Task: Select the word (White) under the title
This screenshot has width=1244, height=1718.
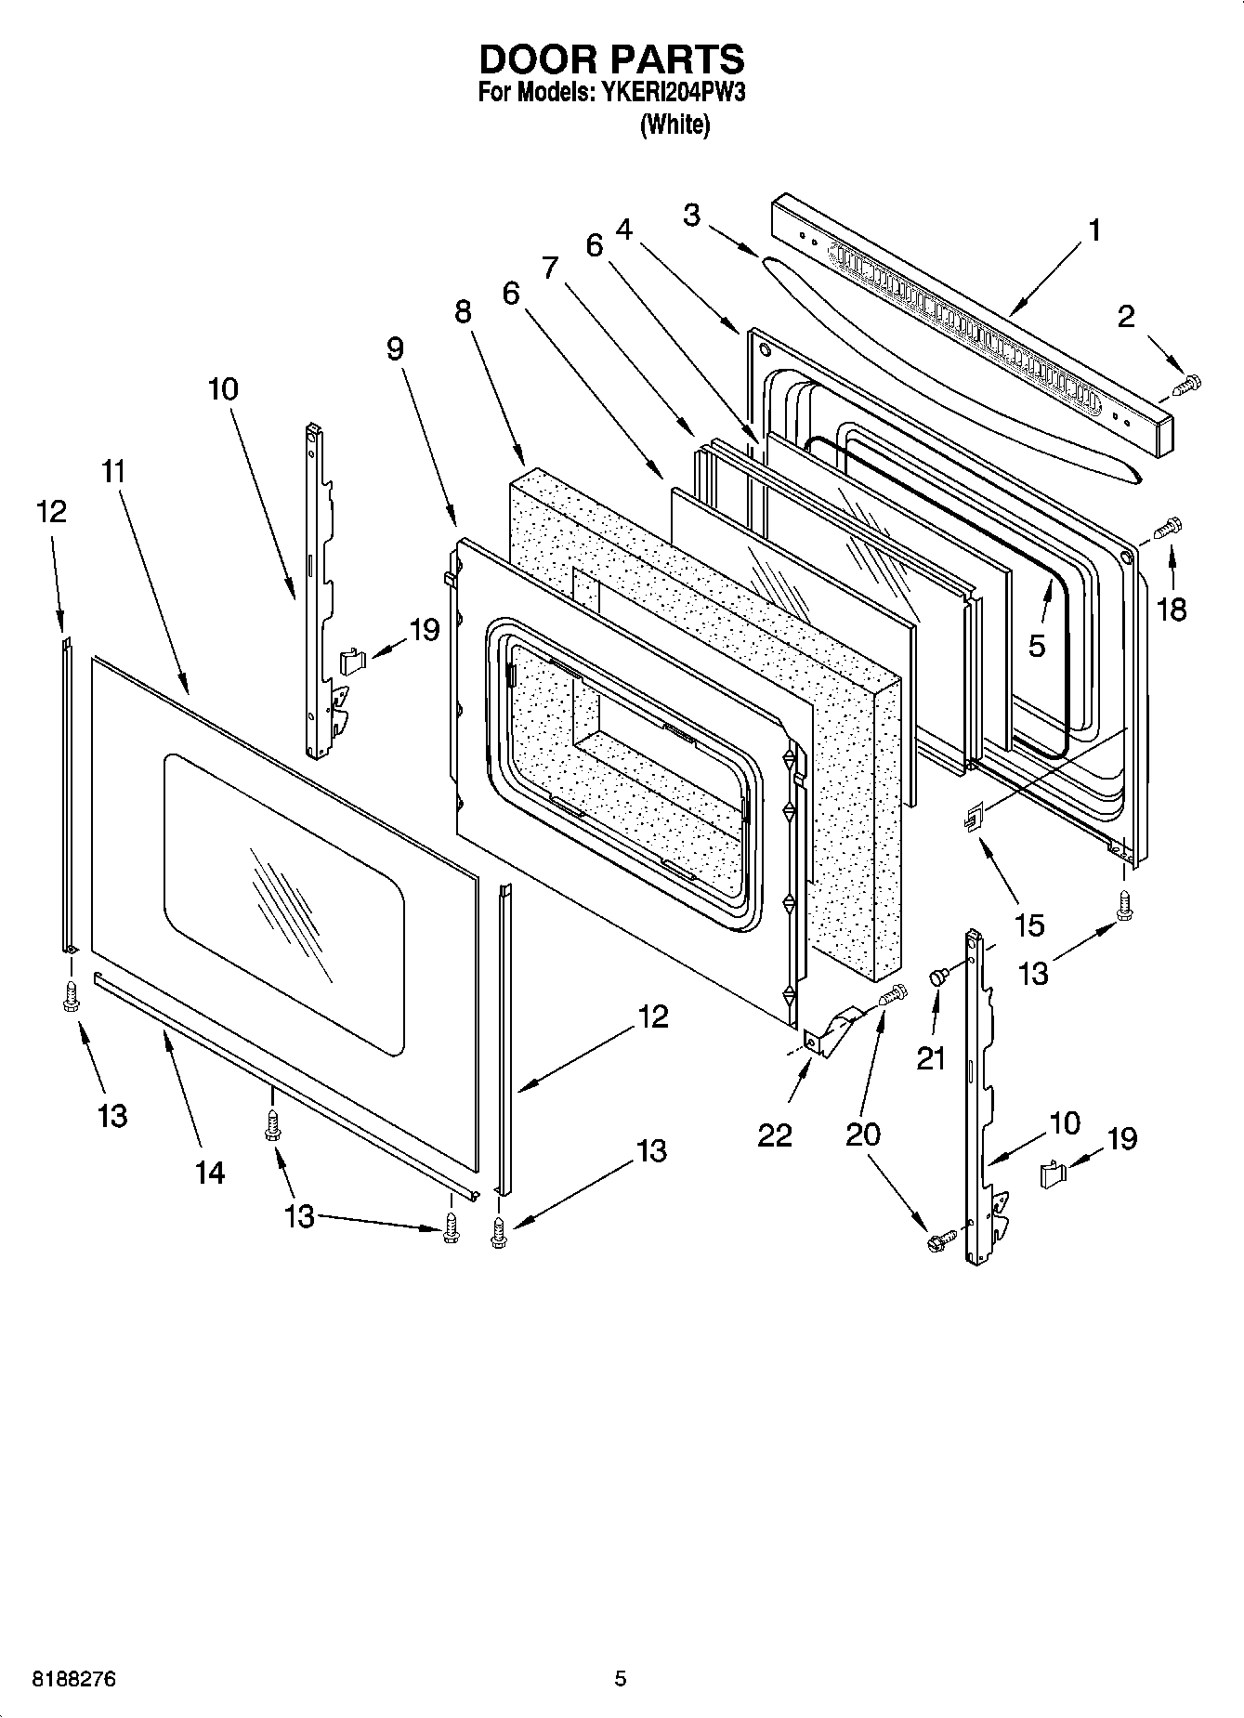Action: pos(674,125)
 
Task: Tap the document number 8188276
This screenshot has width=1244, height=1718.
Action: pos(74,1679)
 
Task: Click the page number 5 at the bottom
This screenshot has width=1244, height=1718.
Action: pos(620,1679)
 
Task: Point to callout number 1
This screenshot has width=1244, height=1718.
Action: pos(1094,230)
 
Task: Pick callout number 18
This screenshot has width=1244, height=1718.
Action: pos(1172,610)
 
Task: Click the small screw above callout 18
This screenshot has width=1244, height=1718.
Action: pos(1167,529)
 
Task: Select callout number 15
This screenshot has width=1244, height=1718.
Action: pos(1029,925)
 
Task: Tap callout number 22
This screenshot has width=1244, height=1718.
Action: pos(774,1134)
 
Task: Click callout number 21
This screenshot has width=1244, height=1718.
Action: pos(931,1057)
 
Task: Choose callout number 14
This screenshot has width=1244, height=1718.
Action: pos(210,1173)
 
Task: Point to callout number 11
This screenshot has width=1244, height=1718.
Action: pos(112,471)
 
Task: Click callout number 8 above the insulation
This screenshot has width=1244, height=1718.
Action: pos(463,312)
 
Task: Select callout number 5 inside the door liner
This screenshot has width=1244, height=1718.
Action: pos(1037,645)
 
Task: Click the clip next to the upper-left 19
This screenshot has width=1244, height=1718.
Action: pos(351,661)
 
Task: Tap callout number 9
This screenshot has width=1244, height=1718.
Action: pos(395,349)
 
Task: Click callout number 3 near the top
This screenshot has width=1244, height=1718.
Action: pos(691,215)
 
